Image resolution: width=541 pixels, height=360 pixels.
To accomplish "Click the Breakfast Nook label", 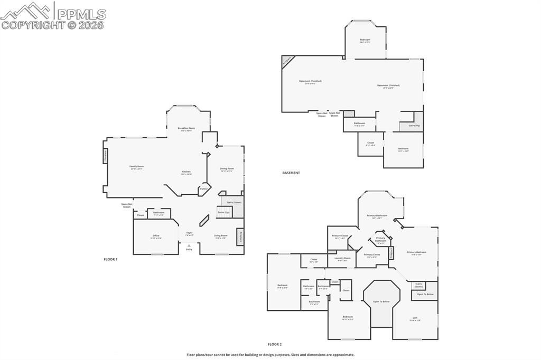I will [x=186, y=128].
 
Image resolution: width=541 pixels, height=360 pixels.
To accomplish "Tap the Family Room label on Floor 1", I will [x=137, y=166].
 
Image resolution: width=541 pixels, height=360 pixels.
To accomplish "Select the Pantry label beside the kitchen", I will [x=203, y=188].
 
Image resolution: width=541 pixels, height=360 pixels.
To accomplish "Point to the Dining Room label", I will [x=227, y=169].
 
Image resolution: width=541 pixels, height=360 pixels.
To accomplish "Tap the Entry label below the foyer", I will [x=189, y=249].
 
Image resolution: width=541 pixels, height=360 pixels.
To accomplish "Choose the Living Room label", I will [x=220, y=236].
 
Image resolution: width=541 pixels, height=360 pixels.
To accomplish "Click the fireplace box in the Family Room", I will [x=105, y=156].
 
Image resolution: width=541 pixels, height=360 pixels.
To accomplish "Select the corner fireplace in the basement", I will [x=286, y=60].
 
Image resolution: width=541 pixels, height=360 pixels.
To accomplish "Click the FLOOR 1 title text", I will [x=110, y=259].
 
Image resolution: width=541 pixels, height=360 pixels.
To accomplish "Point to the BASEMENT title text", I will [x=291, y=173].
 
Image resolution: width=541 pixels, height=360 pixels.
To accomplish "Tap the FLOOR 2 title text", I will [x=274, y=344].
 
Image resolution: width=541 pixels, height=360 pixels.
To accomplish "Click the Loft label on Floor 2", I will [x=415, y=318].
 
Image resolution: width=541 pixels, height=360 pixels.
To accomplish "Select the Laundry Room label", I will [x=343, y=259].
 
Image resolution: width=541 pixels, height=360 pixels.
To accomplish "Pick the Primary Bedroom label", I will [x=416, y=252].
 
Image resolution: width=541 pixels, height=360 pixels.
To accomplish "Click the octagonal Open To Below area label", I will [x=381, y=301].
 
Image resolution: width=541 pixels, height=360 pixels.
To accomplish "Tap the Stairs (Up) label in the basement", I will [x=414, y=126].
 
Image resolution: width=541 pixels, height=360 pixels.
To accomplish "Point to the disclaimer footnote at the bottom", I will [x=270, y=355].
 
